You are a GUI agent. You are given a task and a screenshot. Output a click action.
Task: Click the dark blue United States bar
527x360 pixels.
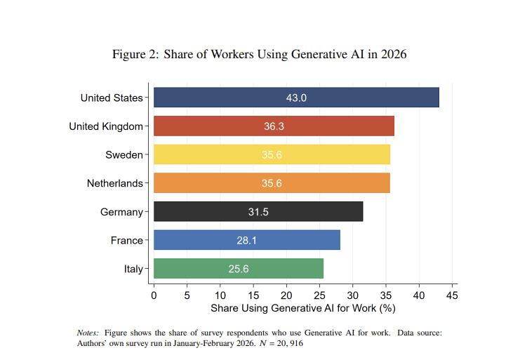tap(296, 98)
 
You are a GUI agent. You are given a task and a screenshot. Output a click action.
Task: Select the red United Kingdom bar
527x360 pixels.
tap(274, 126)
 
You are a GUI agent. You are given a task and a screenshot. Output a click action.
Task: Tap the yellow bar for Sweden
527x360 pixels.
tap(272, 154)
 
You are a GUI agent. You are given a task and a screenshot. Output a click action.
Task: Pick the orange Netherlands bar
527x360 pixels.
tap(272, 183)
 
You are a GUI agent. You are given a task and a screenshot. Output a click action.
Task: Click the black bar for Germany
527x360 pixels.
tap(258, 212)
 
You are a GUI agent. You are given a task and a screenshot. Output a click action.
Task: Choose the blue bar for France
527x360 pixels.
tap(246, 240)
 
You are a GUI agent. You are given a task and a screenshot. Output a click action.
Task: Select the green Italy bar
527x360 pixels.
tap(238, 269)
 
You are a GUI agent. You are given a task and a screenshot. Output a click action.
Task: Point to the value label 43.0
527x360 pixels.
tap(296, 98)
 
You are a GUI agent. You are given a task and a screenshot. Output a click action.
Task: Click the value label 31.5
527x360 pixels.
tap(258, 212)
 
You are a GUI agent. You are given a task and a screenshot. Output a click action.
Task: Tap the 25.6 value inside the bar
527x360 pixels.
tap(238, 269)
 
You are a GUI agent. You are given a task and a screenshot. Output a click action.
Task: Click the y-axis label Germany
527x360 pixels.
tap(121, 212)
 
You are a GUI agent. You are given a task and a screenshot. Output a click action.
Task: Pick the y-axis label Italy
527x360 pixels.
tap(133, 269)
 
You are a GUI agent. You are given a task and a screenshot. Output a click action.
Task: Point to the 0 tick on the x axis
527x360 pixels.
tap(154, 295)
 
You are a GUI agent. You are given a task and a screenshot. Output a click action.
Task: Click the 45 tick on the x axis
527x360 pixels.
tap(452, 295)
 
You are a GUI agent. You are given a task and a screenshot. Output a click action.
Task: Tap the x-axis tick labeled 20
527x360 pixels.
tap(286, 295)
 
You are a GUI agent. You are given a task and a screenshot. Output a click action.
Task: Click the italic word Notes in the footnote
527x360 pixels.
tap(88, 332)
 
